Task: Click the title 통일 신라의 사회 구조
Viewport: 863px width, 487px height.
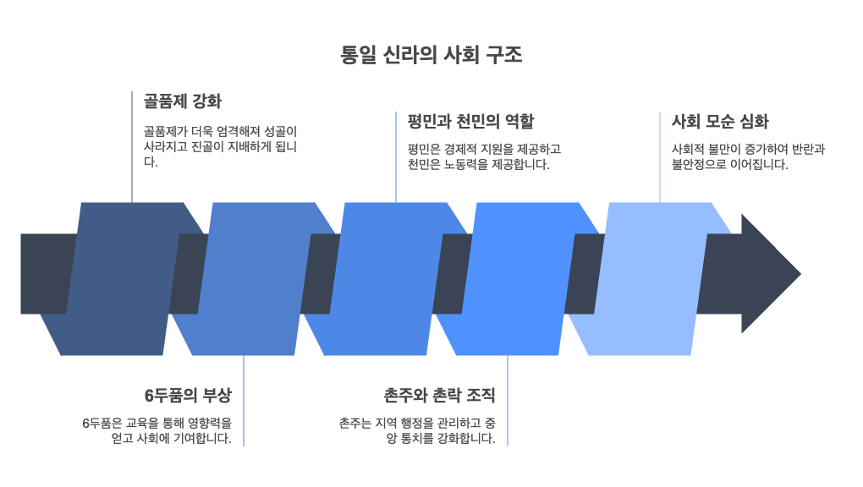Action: pyautogui.click(x=431, y=55)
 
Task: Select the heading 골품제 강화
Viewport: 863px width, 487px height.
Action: pyautogui.click(x=182, y=101)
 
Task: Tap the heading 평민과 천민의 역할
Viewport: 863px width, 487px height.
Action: pyautogui.click(x=470, y=121)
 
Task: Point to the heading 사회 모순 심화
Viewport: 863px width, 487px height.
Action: pyautogui.click(x=720, y=121)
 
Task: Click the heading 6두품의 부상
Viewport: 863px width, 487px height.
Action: pyautogui.click(x=187, y=396)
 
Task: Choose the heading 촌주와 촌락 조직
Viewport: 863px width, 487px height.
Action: pyautogui.click(x=439, y=396)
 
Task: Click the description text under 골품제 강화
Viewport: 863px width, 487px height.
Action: pyautogui.click(x=220, y=147)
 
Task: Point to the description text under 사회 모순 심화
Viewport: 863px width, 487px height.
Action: pyautogui.click(x=748, y=156)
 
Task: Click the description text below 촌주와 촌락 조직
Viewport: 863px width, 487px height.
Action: pyautogui.click(x=416, y=430)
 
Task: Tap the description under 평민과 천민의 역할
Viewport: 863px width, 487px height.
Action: pyautogui.click(x=483, y=156)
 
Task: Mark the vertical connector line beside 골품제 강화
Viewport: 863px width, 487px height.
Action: pyautogui.click(x=132, y=148)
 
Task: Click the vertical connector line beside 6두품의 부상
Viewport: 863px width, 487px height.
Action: pyautogui.click(x=244, y=402)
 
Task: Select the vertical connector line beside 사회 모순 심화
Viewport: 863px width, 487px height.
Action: pyautogui.click(x=660, y=157)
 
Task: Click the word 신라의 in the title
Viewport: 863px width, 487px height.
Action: pyautogui.click(x=410, y=55)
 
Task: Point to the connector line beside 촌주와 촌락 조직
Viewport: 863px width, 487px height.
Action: pyautogui.click(x=508, y=402)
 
